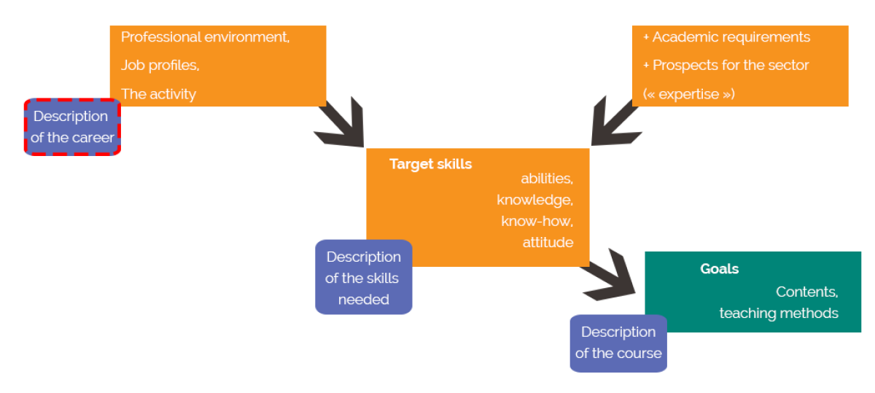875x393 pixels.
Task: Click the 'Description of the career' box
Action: (x=72, y=127)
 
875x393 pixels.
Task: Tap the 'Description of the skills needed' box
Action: (x=363, y=277)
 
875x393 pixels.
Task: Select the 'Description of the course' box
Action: (x=618, y=343)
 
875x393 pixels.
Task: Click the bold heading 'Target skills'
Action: (x=430, y=164)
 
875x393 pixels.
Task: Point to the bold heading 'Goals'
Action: (x=719, y=269)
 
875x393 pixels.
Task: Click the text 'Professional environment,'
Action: (x=205, y=37)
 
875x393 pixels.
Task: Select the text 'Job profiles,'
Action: (x=160, y=66)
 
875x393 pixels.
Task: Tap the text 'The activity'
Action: (x=158, y=94)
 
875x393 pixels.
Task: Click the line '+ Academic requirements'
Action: (x=726, y=37)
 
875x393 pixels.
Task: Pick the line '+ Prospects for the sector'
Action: (x=726, y=66)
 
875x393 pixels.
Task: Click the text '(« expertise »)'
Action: (x=689, y=94)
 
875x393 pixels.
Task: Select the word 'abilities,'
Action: (x=547, y=179)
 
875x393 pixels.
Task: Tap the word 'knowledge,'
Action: (x=535, y=200)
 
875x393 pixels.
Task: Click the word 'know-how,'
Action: (x=537, y=221)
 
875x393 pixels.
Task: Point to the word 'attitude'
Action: (x=548, y=242)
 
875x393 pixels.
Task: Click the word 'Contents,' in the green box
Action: (x=806, y=292)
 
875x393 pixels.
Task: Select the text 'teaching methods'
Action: (x=779, y=314)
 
